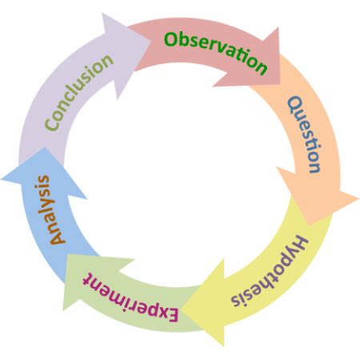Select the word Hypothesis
(x=270, y=273)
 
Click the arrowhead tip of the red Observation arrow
(x=280, y=84)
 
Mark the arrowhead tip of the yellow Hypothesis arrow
(x=182, y=310)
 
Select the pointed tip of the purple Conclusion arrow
(x=150, y=40)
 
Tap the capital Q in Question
(x=295, y=105)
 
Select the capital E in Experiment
(x=170, y=314)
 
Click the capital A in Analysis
(x=58, y=237)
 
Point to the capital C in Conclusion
(x=52, y=123)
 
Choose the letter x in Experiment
(x=159, y=311)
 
